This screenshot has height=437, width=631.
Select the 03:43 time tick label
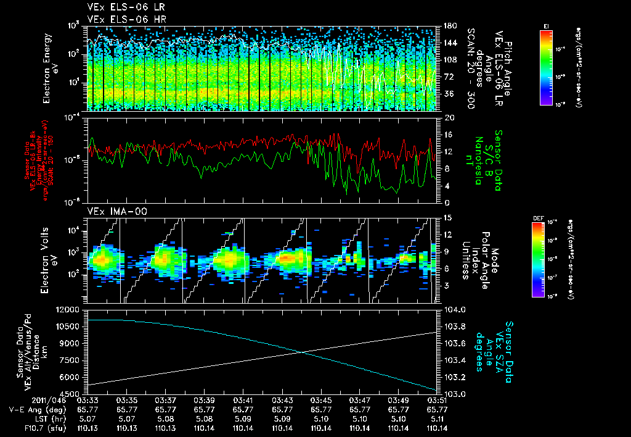(282, 400)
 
